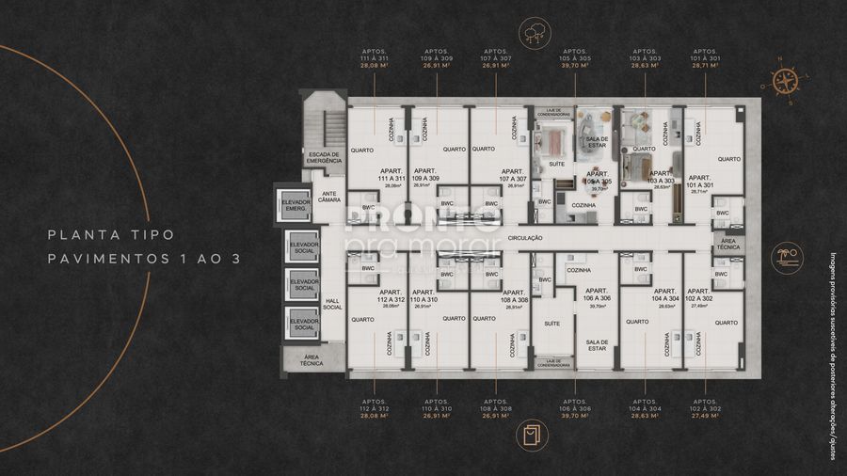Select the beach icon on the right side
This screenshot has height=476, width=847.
pos(786,256)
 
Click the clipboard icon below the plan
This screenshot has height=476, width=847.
pos(533,432)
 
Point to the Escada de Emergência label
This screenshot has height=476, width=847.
pos(324,158)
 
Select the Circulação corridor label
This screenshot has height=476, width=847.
pos(525,238)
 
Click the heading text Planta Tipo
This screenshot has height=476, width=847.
pos(112,235)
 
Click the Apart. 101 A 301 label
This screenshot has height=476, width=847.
pos(698,182)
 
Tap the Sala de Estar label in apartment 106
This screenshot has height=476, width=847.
pos(598,345)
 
